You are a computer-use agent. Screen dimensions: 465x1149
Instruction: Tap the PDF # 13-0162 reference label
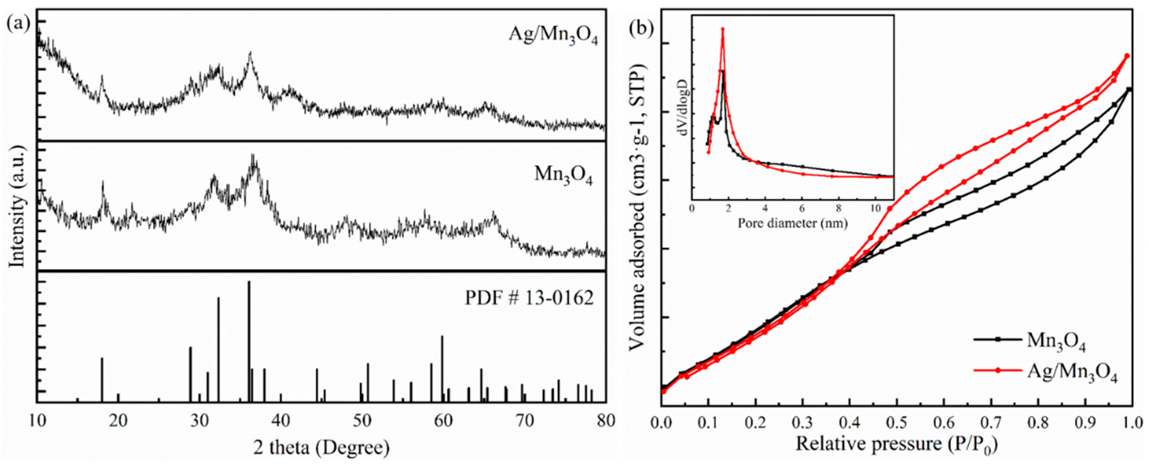[529, 298]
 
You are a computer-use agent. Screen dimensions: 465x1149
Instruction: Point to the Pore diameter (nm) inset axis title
[792, 223]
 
